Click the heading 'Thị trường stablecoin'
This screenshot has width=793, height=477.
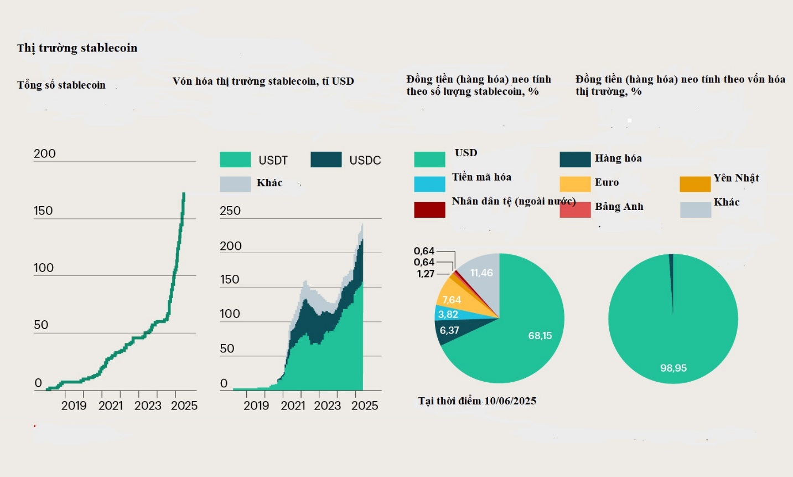coord(77,48)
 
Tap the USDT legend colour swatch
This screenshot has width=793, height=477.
coord(235,160)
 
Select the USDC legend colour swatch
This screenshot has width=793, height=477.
coord(326,160)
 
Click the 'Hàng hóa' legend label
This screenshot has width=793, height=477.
coord(618,158)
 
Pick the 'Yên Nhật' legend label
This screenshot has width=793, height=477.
coord(736,178)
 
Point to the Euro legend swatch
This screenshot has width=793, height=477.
coord(575,184)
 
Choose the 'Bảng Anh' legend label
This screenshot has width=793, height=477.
coord(619,207)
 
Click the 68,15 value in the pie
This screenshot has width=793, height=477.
coord(540,336)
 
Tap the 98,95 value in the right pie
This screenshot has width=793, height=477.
coord(673,368)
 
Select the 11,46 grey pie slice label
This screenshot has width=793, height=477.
coord(481,273)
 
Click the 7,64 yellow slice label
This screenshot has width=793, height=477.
coord(452,300)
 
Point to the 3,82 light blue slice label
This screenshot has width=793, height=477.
coord(448,315)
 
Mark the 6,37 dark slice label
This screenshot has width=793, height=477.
coord(449,331)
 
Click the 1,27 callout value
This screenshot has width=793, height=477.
coord(426,274)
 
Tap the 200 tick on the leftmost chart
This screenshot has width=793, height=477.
coord(45,153)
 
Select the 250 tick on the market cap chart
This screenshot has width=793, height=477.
coord(230,211)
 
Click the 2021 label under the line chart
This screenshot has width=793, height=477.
coord(111,406)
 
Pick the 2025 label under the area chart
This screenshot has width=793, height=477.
coord(365,406)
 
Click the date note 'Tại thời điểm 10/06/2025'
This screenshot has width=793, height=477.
coord(477,401)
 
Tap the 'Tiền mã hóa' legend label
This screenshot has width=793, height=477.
coord(481,177)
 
